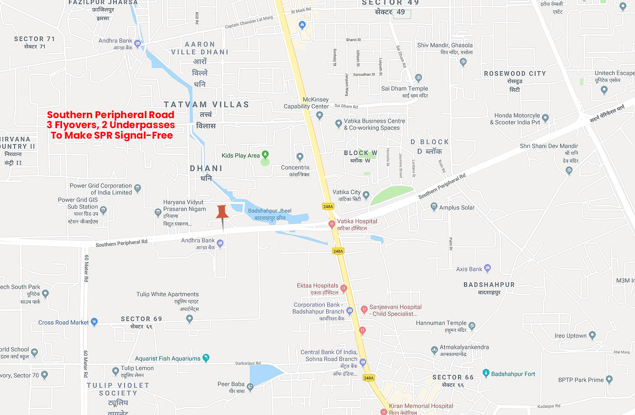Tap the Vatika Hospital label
click(x=357, y=222)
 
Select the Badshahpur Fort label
click(x=513, y=374)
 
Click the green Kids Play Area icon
click(x=265, y=155)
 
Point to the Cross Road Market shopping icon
click(x=94, y=322)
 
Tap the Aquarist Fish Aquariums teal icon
click(x=206, y=358)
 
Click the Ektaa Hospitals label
click(x=317, y=286)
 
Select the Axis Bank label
click(x=469, y=269)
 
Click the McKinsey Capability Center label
click(x=307, y=103)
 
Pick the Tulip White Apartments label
click(x=167, y=294)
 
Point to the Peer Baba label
click(x=231, y=384)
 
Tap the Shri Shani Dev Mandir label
click(x=549, y=146)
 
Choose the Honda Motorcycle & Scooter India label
click(x=515, y=119)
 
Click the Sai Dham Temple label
click(x=405, y=88)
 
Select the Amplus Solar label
click(x=457, y=207)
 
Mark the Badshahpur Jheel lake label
click(x=270, y=211)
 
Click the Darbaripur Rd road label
click(x=248, y=363)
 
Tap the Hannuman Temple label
click(x=441, y=323)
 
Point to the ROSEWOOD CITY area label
click(x=515, y=73)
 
